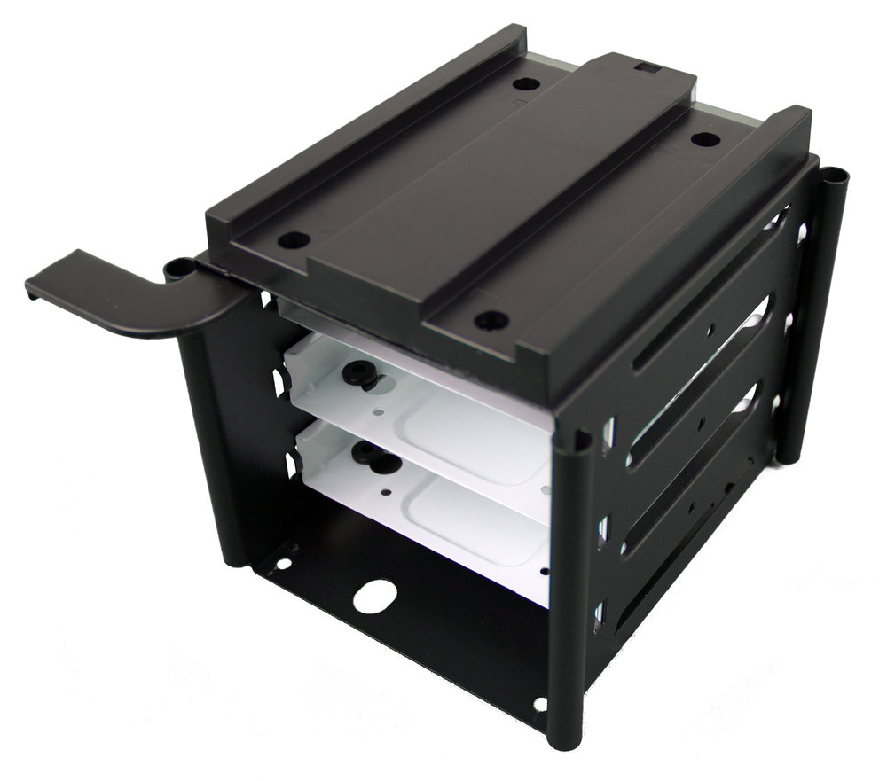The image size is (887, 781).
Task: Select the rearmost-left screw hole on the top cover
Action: pos(525,85)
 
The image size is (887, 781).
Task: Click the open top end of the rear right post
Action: pos(835,175)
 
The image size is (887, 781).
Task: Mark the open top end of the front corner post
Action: pos(577,438)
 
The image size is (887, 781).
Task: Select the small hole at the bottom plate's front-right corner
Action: pos(540,705)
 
